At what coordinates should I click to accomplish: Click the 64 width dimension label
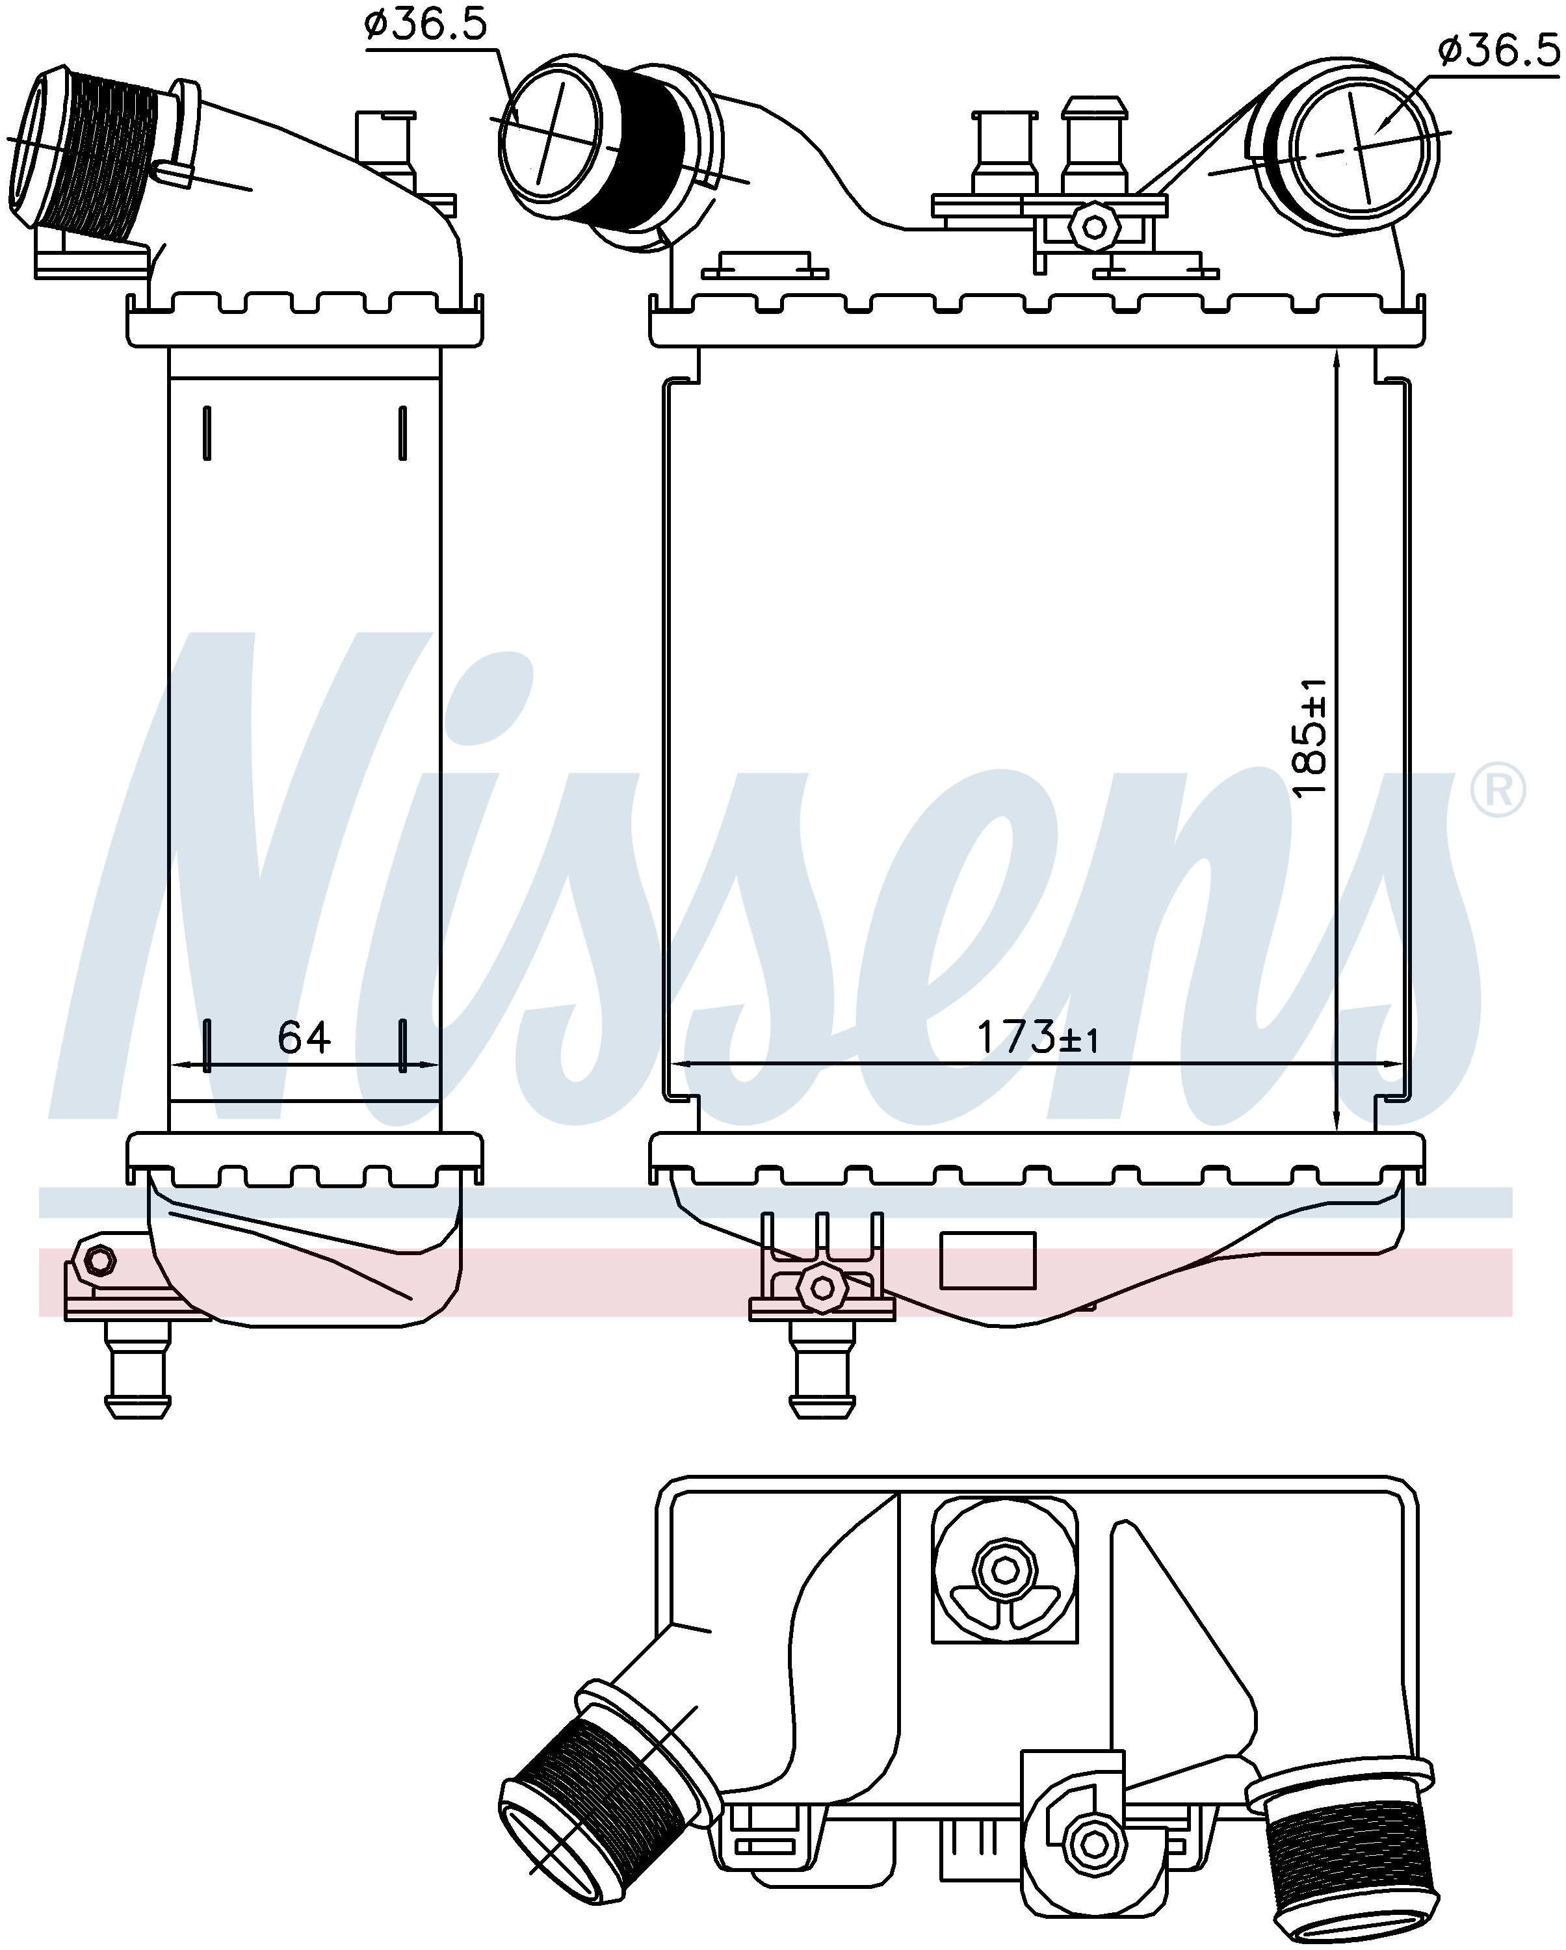pos(304,1037)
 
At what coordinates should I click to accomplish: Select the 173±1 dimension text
pos(1037,1038)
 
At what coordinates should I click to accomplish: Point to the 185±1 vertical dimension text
pos(1309,738)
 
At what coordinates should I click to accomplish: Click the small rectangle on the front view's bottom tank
pos(988,1260)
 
